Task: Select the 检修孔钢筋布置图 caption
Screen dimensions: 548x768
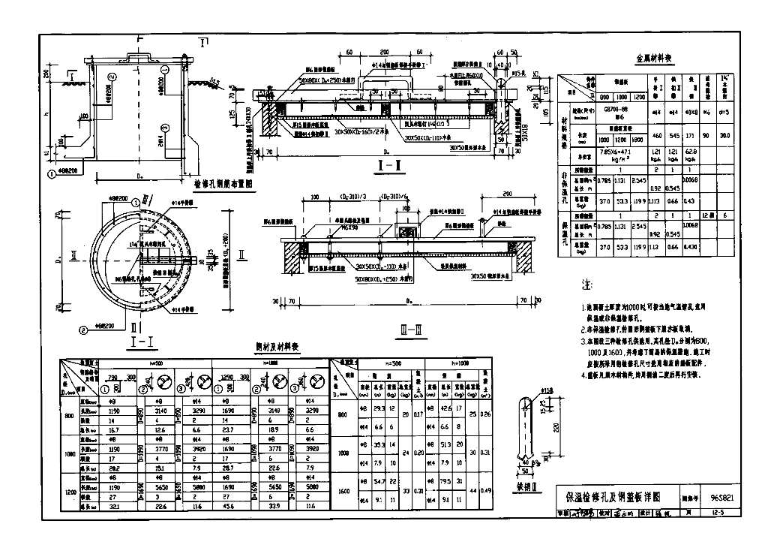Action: point(227,182)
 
